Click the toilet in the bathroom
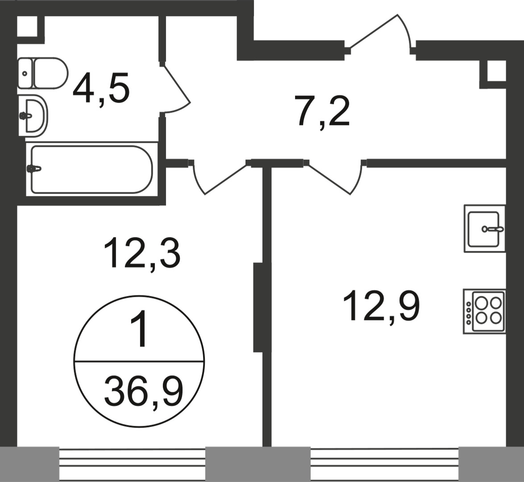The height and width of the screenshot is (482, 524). [x=43, y=73]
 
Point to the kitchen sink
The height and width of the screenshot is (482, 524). [x=485, y=229]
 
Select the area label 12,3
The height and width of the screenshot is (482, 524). [x=142, y=253]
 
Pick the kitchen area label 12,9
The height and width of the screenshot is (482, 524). [x=381, y=306]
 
